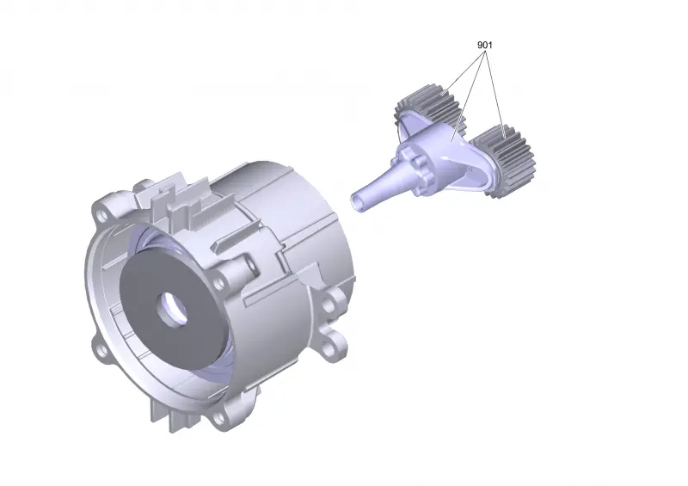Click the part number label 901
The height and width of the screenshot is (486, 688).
485,45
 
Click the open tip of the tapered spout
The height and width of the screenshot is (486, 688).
358,203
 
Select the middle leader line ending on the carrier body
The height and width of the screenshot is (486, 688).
468,95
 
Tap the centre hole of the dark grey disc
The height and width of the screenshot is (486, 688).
172,309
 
